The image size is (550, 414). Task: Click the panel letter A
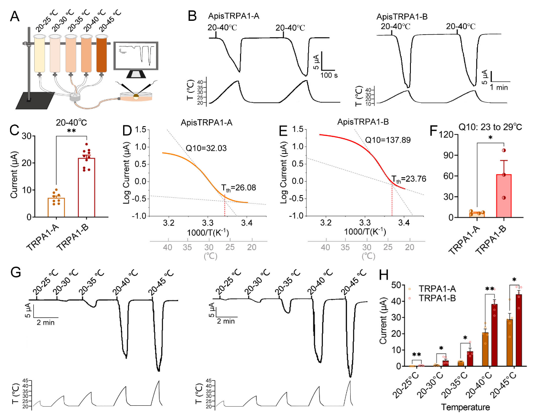point(14,16)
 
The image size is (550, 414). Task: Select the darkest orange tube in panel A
point(101,54)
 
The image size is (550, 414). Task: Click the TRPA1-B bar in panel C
point(86,187)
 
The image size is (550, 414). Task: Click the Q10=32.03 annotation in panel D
point(206,148)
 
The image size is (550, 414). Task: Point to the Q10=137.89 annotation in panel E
point(387,140)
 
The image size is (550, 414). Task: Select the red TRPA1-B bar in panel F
point(504,196)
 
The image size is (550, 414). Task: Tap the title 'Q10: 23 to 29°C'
point(490,127)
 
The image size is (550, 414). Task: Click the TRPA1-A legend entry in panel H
point(437,289)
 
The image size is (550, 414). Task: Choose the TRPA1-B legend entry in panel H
point(437,298)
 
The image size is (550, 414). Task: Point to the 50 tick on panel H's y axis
point(395,285)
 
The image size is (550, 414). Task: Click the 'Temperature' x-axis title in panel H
point(465,407)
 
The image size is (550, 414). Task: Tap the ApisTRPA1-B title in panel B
point(402,17)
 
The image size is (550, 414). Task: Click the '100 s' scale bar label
point(329,75)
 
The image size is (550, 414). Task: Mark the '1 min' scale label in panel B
point(499,88)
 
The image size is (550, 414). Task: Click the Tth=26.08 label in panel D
point(238,188)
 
